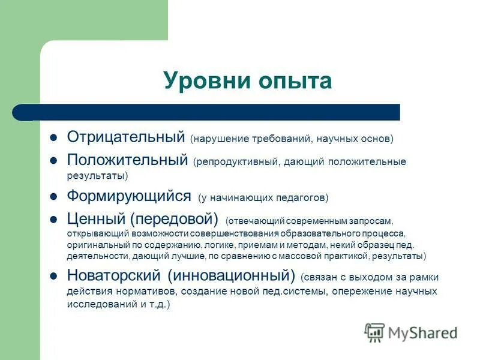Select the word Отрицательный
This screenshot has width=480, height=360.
[125, 137]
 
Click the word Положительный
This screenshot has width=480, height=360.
[127, 161]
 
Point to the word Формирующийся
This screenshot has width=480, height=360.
[128, 196]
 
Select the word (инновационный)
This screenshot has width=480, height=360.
[232, 276]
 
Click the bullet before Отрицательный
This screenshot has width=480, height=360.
[53, 137]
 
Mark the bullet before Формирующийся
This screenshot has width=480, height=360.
[53, 196]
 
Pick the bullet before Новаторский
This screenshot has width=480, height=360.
[53, 276]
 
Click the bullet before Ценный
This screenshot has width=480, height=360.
[53, 220]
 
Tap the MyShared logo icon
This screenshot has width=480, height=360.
[374, 332]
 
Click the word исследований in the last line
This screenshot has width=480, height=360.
[96, 304]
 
